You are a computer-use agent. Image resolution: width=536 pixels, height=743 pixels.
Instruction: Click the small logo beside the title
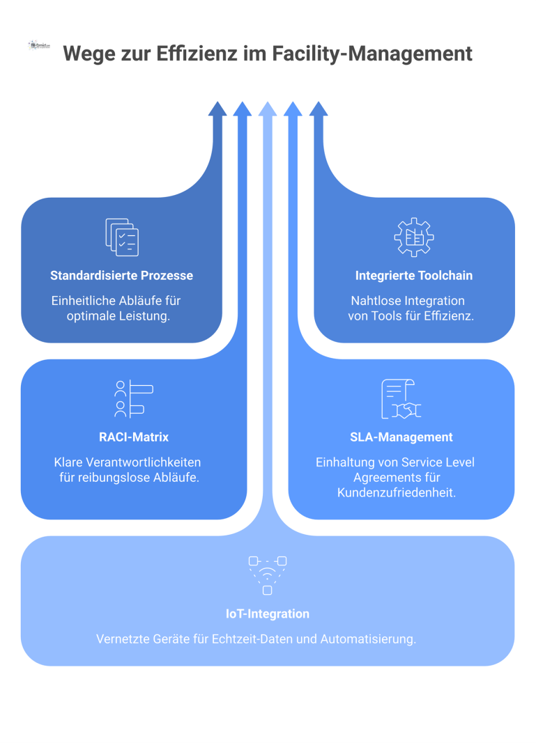coord(39,45)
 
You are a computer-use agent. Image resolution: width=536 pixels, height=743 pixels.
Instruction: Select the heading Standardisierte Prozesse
coord(121,276)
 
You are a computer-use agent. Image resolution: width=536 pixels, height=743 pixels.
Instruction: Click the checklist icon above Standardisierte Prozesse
coord(122,237)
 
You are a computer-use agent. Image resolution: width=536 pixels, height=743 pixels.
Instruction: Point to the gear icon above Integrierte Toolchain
coord(413,237)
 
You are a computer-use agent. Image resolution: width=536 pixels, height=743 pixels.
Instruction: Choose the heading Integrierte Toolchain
coord(413,276)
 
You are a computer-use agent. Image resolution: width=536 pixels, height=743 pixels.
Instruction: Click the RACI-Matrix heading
coord(134,437)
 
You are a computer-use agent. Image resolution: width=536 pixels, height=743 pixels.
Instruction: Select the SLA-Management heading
coord(401,437)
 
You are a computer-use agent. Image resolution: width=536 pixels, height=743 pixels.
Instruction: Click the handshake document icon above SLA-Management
coord(401,399)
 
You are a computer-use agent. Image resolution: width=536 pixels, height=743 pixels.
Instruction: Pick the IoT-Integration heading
coord(268,614)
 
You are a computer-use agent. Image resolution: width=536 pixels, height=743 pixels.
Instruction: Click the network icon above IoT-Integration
coord(268,574)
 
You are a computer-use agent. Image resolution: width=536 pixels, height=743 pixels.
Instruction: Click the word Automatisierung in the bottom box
coord(368,639)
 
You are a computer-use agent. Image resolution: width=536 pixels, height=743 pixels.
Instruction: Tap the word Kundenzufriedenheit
coord(396,492)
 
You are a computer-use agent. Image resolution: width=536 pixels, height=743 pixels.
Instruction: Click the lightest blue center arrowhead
coord(268,109)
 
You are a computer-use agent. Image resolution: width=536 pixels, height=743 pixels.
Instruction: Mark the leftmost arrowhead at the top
coord(217,109)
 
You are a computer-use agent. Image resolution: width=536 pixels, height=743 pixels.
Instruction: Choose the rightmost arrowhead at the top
coord(319,109)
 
